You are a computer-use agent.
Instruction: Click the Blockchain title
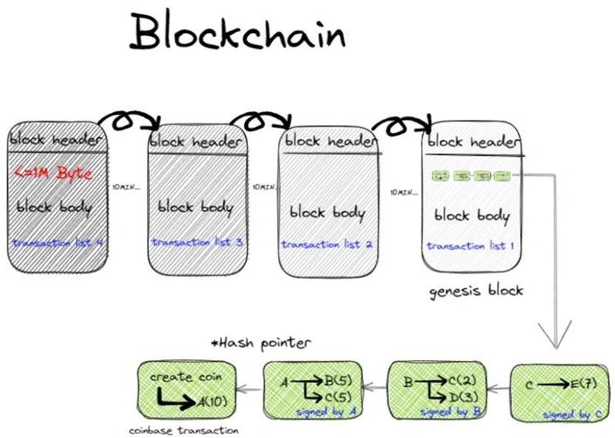tap(237, 32)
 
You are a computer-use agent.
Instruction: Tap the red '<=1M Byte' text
tap(56, 173)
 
